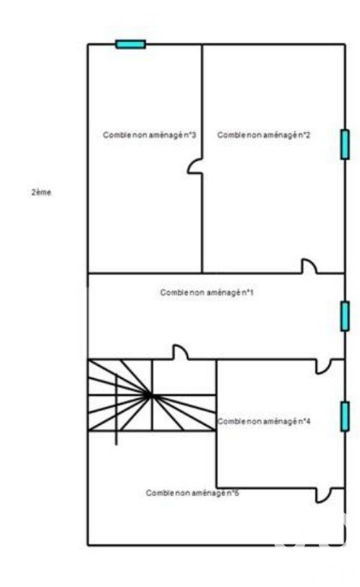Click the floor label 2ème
pos(41,193)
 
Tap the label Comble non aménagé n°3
pos(149,135)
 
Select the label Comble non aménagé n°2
pos(264,135)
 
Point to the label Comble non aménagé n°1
pos(207,292)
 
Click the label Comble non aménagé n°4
pos(264,421)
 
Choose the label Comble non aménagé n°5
pos(193,493)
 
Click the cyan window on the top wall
pos(130,45)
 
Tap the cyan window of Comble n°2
pos(345,145)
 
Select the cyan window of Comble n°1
pos(345,316)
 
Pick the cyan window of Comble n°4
pos(345,416)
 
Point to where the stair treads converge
pos(148,394)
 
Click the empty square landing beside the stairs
pos(184,377)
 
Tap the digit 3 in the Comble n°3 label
pos(194,135)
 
